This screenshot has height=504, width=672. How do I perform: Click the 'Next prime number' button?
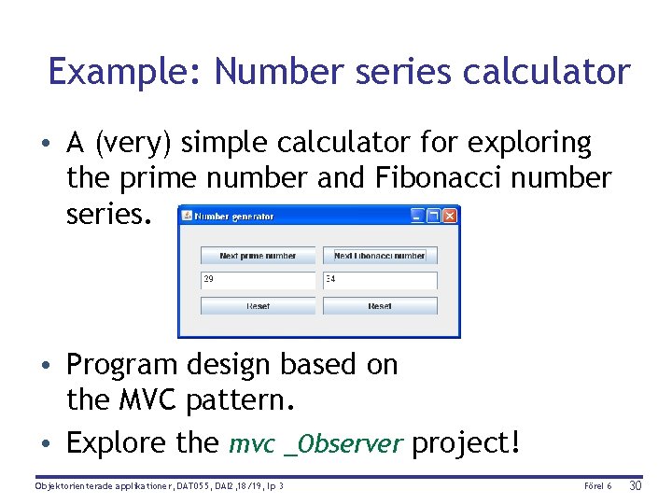pos(258,255)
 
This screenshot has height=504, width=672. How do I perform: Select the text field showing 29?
pos(258,280)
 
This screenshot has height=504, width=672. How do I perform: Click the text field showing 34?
pos(380,280)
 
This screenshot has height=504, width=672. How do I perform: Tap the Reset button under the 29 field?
pos(258,306)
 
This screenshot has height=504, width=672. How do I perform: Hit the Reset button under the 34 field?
pos(380,306)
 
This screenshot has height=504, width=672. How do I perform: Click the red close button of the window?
pos(450,216)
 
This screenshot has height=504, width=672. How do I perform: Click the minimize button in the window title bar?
pos(418,216)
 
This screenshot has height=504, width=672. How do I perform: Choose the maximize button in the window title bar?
pos(434,216)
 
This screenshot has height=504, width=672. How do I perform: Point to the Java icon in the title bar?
pos(187,216)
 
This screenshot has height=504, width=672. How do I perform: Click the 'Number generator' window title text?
pos(234,217)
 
